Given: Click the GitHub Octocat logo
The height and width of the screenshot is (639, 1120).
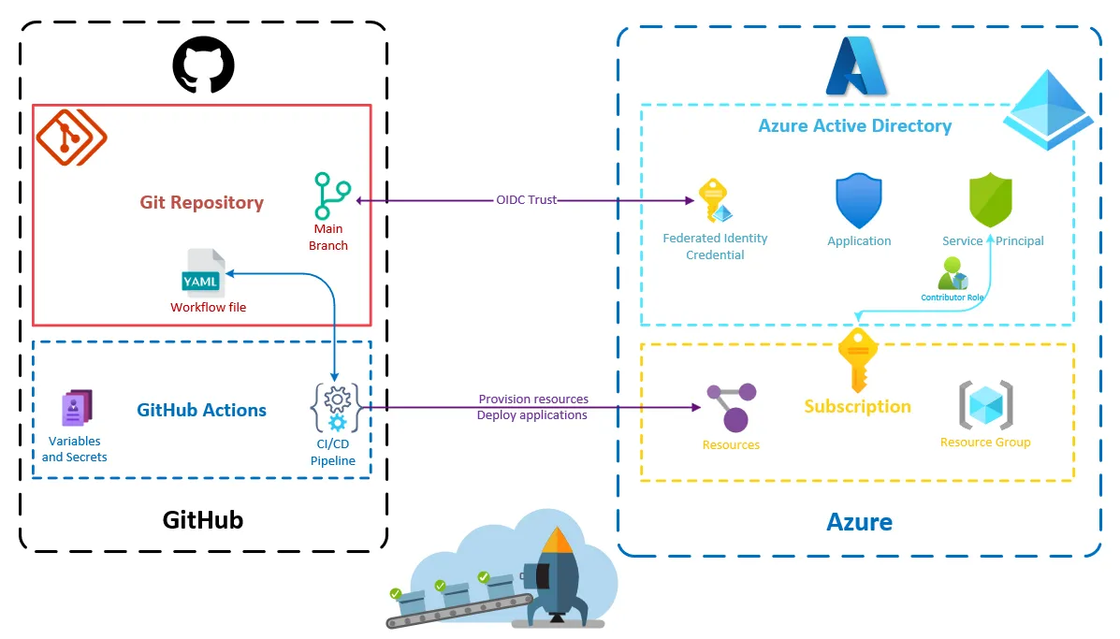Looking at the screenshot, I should click(203, 64).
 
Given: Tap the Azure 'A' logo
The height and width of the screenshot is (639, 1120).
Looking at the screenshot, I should click(855, 66).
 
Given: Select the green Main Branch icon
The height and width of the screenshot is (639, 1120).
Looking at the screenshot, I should click(332, 196).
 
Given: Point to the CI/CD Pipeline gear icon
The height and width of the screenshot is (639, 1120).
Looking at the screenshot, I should click(335, 408).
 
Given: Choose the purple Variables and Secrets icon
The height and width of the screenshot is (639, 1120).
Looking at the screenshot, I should click(77, 408).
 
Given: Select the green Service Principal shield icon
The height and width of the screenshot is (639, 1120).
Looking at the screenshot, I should click(990, 200).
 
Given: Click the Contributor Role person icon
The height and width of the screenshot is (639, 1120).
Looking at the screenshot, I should click(953, 273).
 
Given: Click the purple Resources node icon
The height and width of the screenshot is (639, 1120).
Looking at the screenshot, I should click(731, 406).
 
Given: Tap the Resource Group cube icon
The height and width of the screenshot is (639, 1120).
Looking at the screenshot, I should click(986, 405).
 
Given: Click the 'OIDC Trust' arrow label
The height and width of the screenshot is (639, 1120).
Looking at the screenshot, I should click(526, 200).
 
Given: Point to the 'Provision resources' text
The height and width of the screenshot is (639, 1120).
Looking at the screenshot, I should click(533, 399).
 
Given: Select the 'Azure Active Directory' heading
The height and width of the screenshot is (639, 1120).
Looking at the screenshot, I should click(854, 126).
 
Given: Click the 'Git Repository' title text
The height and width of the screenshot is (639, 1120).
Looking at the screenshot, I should click(201, 202).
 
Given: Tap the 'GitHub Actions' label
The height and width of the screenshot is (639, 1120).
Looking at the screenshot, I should click(201, 410).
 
